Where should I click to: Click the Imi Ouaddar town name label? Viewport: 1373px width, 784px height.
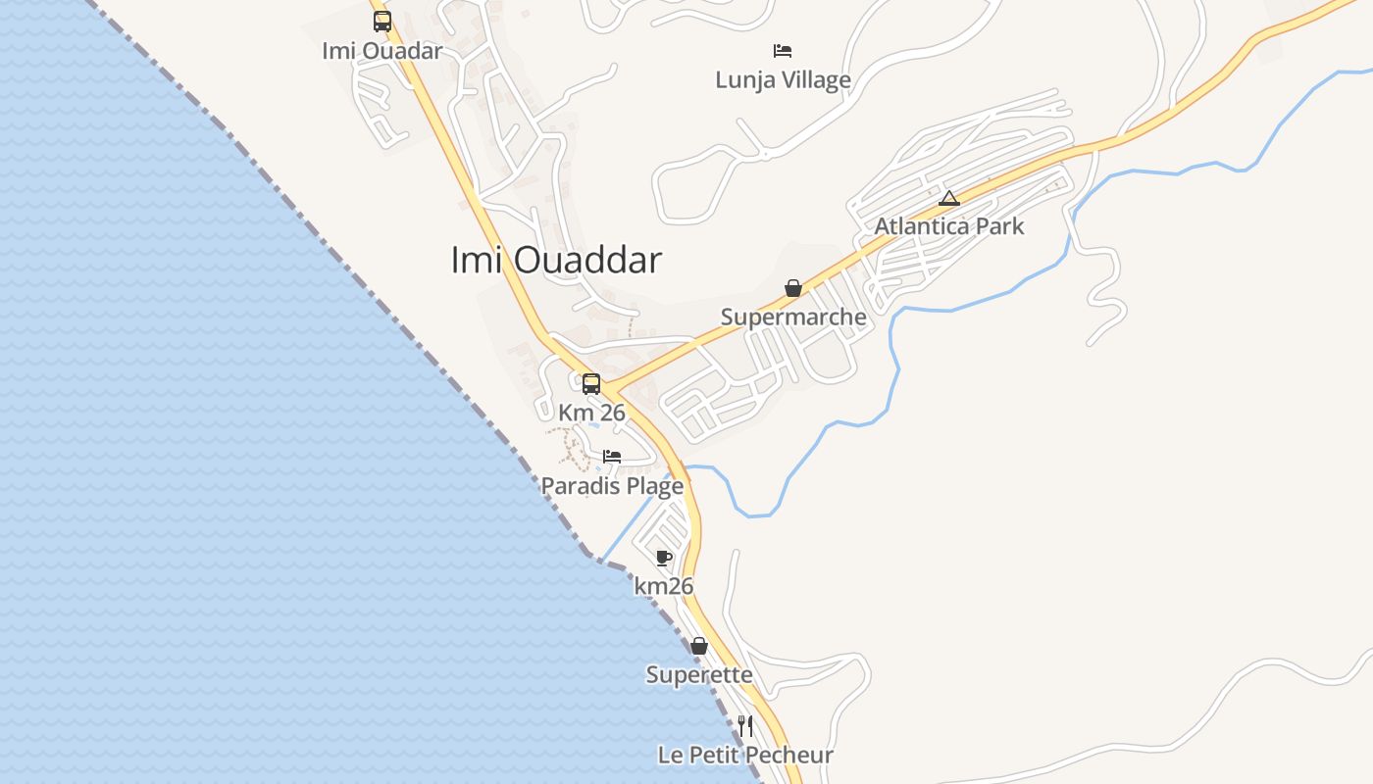pyautogui.click(x=556, y=261)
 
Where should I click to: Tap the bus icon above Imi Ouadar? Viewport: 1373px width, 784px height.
pyautogui.click(x=382, y=22)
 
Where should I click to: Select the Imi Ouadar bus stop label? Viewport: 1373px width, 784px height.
pyautogui.click(x=382, y=51)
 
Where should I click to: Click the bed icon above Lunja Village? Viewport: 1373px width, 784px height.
pyautogui.click(x=783, y=51)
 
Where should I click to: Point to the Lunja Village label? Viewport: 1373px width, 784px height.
pyautogui.click(x=783, y=80)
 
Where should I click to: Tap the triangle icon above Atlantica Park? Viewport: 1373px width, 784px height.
pyautogui.click(x=948, y=198)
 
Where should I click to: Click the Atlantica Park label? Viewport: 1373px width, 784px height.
pyautogui.click(x=948, y=226)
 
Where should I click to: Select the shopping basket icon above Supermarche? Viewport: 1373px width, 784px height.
pyautogui.click(x=793, y=288)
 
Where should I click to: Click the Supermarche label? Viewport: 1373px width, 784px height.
pyautogui.click(x=793, y=318)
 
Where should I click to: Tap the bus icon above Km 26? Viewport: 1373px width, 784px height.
pyautogui.click(x=591, y=384)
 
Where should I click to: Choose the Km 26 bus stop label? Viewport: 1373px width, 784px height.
pyautogui.click(x=591, y=414)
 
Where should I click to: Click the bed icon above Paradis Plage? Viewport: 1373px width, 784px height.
pyautogui.click(x=612, y=457)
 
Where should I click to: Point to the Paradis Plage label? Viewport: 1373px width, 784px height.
pyautogui.click(x=612, y=486)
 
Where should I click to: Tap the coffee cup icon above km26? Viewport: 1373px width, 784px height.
pyautogui.click(x=664, y=558)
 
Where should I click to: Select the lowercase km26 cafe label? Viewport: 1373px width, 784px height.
pyautogui.click(x=664, y=587)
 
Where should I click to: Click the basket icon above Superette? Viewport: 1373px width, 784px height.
pyautogui.click(x=699, y=646)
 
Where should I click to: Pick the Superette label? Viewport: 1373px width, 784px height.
pyautogui.click(x=699, y=675)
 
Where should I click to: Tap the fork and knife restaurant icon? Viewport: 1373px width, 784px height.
pyautogui.click(x=745, y=726)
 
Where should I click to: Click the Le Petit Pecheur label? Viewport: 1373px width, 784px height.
pyautogui.click(x=745, y=756)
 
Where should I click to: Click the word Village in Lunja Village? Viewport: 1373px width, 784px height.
pyautogui.click(x=811, y=80)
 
